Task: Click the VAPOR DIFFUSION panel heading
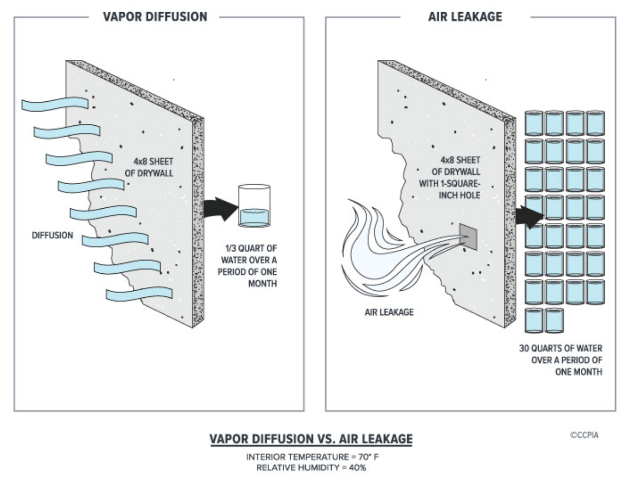pos(155,17)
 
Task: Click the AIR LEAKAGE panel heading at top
pos(465,17)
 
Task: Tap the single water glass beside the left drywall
pos(254,206)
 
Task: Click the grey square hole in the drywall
pos(468,237)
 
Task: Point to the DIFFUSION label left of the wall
pos(52,235)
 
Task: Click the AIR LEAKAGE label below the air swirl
pos(389,312)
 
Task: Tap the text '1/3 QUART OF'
pos(251,248)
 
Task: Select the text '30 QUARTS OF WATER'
pos(561,348)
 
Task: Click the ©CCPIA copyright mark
pos(584,435)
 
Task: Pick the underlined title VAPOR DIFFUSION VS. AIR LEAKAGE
pos(311,439)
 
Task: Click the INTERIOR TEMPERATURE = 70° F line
pos(312,457)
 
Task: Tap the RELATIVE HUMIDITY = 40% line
pos(311,468)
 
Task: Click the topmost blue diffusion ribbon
pos(55,104)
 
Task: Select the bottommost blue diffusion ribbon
pos(139,293)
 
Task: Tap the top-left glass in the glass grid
pos(534,123)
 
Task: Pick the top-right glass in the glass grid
pos(596,123)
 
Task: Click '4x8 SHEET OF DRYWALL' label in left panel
pos(149,167)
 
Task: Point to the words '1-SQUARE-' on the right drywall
pos(449,183)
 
